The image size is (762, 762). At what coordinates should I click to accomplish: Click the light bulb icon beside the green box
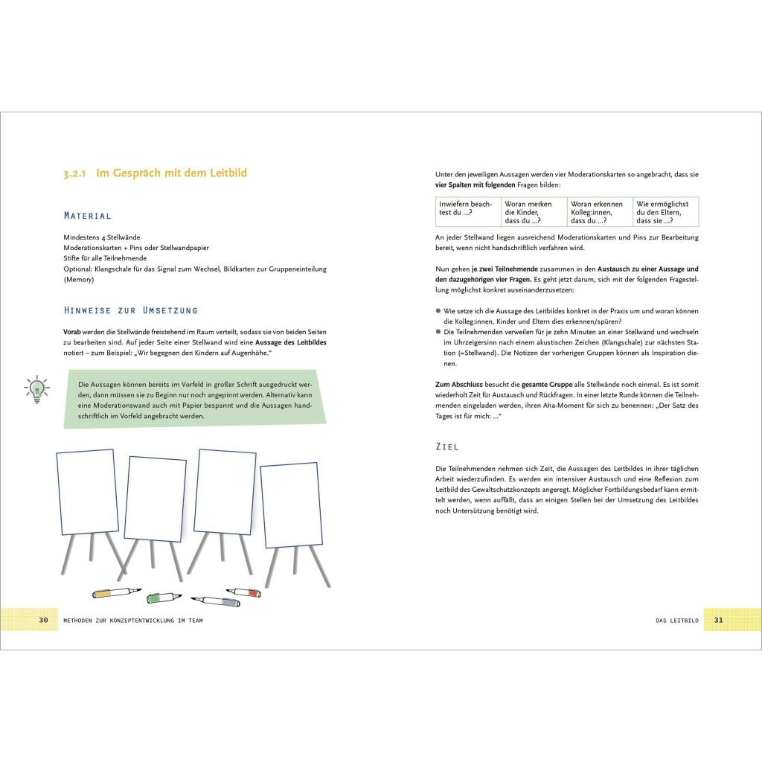36,389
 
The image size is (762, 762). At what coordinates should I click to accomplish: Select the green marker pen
162,597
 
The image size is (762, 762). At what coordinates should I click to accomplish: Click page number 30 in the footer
43,619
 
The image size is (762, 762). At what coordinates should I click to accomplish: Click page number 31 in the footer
718,619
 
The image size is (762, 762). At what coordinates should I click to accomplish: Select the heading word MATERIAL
88,216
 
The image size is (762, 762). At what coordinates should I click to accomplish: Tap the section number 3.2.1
76,173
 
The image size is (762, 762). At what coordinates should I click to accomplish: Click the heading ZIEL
447,446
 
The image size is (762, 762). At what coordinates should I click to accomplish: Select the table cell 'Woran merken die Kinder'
534,212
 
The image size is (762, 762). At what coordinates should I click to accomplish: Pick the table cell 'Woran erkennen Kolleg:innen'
599,212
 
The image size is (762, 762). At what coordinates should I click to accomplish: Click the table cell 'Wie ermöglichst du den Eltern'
665,212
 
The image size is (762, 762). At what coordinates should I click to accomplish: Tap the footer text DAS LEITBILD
676,620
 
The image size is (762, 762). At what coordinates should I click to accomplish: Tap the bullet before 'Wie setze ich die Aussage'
439,311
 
